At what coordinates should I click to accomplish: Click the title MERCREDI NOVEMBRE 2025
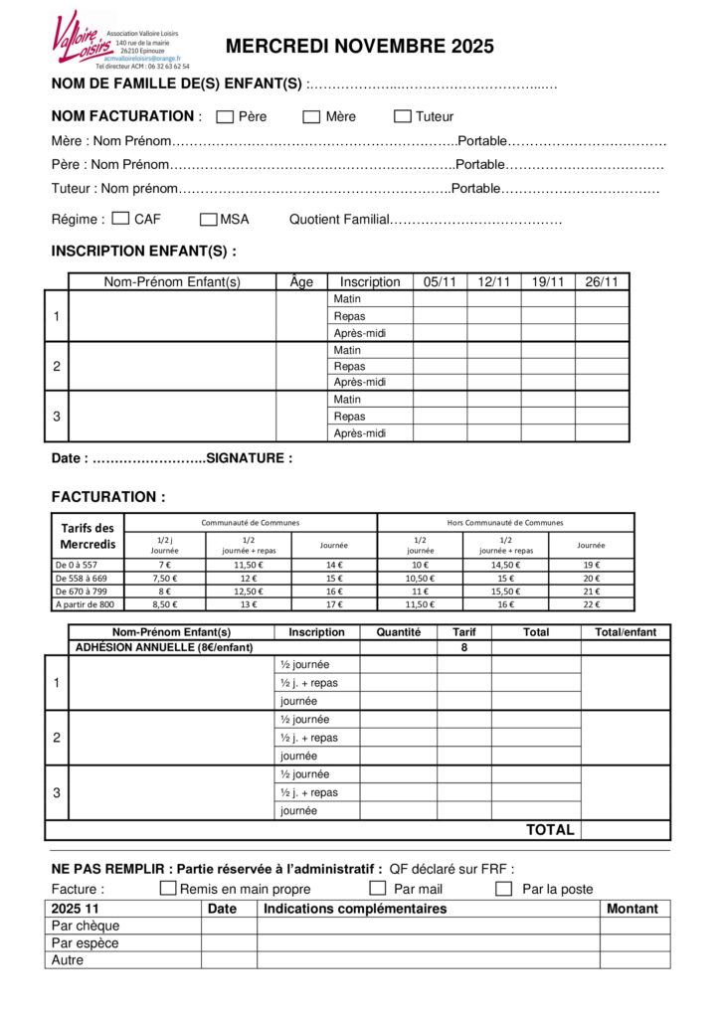pyautogui.click(x=359, y=47)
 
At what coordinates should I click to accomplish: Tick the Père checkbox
pyautogui.click(x=225, y=116)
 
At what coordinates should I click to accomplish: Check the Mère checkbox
pyautogui.click(x=311, y=116)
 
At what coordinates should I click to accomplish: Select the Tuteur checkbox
pyautogui.click(x=403, y=116)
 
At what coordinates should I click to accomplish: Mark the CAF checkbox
pyautogui.click(x=121, y=218)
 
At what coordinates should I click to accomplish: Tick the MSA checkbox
pyautogui.click(x=209, y=219)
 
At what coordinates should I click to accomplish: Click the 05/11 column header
pyautogui.click(x=440, y=282)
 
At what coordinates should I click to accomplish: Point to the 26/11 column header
pyautogui.click(x=602, y=282)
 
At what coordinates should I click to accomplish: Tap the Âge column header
pyautogui.click(x=301, y=282)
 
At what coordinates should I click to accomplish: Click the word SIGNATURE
pyautogui.click(x=249, y=458)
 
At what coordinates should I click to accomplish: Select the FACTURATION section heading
pyautogui.click(x=108, y=497)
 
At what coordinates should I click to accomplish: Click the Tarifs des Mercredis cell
pyautogui.click(x=88, y=536)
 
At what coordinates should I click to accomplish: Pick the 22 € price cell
pyautogui.click(x=591, y=603)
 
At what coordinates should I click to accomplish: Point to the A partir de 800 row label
pyautogui.click(x=86, y=603)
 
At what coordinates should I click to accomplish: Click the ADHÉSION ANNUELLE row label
pyautogui.click(x=164, y=647)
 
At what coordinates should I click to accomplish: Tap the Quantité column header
pyautogui.click(x=399, y=631)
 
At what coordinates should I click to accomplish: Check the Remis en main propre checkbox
pyautogui.click(x=168, y=888)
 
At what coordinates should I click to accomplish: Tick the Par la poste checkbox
pyautogui.click(x=504, y=888)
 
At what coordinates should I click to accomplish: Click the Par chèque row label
pyautogui.click(x=86, y=926)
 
